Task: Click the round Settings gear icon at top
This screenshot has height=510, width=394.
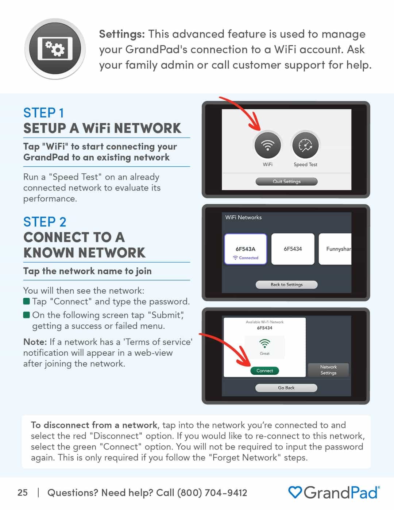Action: click(55, 49)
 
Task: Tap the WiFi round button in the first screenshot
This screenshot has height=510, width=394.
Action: click(267, 145)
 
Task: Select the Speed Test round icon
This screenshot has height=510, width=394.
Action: click(305, 145)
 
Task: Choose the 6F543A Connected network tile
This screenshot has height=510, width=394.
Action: click(246, 249)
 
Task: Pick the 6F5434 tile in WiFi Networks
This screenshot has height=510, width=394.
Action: click(293, 249)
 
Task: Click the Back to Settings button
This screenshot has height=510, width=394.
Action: click(286, 285)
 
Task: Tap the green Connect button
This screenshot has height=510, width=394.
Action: click(264, 371)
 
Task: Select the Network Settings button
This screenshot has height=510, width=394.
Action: click(328, 370)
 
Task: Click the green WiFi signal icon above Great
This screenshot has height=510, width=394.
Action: click(264, 343)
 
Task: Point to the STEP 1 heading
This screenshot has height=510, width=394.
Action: click(44, 113)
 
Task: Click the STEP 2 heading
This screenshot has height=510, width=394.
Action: click(45, 222)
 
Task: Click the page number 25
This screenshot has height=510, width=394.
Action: click(22, 492)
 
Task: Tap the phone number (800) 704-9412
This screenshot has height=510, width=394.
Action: click(212, 493)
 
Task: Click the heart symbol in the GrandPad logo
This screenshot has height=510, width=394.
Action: click(295, 492)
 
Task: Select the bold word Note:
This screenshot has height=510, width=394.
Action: click(35, 342)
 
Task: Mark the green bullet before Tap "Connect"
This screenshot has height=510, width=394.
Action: click(26, 301)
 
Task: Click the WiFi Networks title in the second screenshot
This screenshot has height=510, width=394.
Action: click(243, 217)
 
